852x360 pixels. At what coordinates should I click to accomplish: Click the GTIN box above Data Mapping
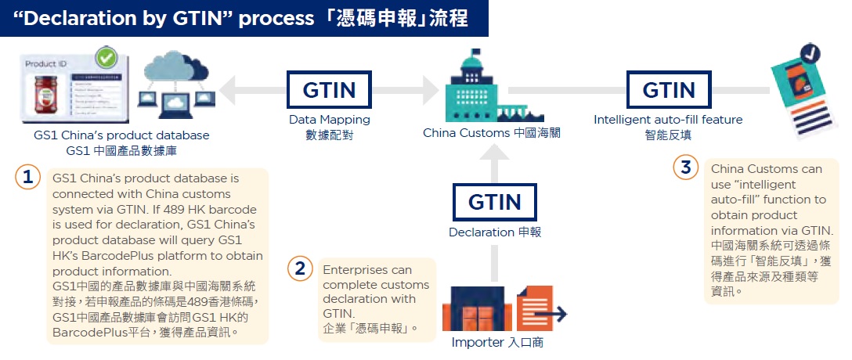tap(329, 90)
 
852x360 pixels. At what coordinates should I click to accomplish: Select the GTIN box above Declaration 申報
tap(494, 202)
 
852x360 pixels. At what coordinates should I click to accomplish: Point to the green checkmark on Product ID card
tap(106, 59)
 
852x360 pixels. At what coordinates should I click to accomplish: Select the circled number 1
tap(28, 178)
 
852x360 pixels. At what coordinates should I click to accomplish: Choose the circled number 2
tap(299, 269)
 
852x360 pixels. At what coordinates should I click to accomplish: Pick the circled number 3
tap(686, 167)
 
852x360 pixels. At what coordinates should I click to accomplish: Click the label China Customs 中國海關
tap(492, 133)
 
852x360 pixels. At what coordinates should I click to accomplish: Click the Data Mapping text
tap(329, 120)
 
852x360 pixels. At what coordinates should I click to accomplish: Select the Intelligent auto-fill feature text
tap(668, 120)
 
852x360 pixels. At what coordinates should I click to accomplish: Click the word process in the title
tap(271, 18)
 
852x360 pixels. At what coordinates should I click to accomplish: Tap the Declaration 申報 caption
tap(494, 232)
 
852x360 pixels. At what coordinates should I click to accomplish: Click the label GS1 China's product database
tap(121, 135)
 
